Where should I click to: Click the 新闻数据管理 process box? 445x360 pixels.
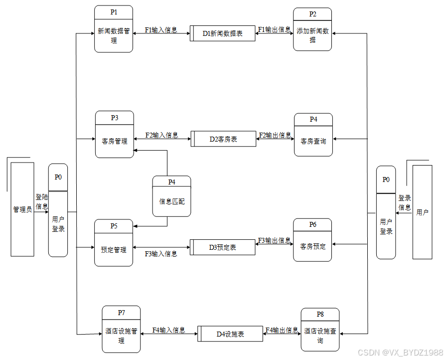click(114, 35)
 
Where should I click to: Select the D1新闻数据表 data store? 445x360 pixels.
click(223, 33)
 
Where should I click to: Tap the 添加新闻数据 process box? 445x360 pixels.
click(312, 35)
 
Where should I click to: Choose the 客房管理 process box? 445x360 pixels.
click(115, 141)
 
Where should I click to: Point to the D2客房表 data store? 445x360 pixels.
click(223, 139)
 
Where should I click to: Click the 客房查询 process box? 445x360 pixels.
click(313, 141)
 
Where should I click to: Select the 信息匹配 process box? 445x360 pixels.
click(171, 201)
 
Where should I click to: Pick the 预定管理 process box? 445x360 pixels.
click(114, 249)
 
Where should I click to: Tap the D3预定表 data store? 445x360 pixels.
click(222, 247)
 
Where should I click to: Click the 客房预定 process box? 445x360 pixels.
click(312, 246)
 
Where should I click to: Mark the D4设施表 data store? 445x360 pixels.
click(230, 334)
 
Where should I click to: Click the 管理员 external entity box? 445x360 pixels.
click(22, 209)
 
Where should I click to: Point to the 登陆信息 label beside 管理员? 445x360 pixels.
click(42, 201)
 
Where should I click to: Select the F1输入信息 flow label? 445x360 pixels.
click(160, 30)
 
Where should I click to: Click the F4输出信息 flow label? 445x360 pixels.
click(282, 330)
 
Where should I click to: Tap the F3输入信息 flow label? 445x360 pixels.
click(161, 254)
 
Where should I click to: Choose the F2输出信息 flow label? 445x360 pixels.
click(275, 135)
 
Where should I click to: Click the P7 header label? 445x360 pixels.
click(121, 313)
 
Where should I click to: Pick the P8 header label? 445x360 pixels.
click(320, 314)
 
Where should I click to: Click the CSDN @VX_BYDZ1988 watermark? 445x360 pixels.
click(400, 352)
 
